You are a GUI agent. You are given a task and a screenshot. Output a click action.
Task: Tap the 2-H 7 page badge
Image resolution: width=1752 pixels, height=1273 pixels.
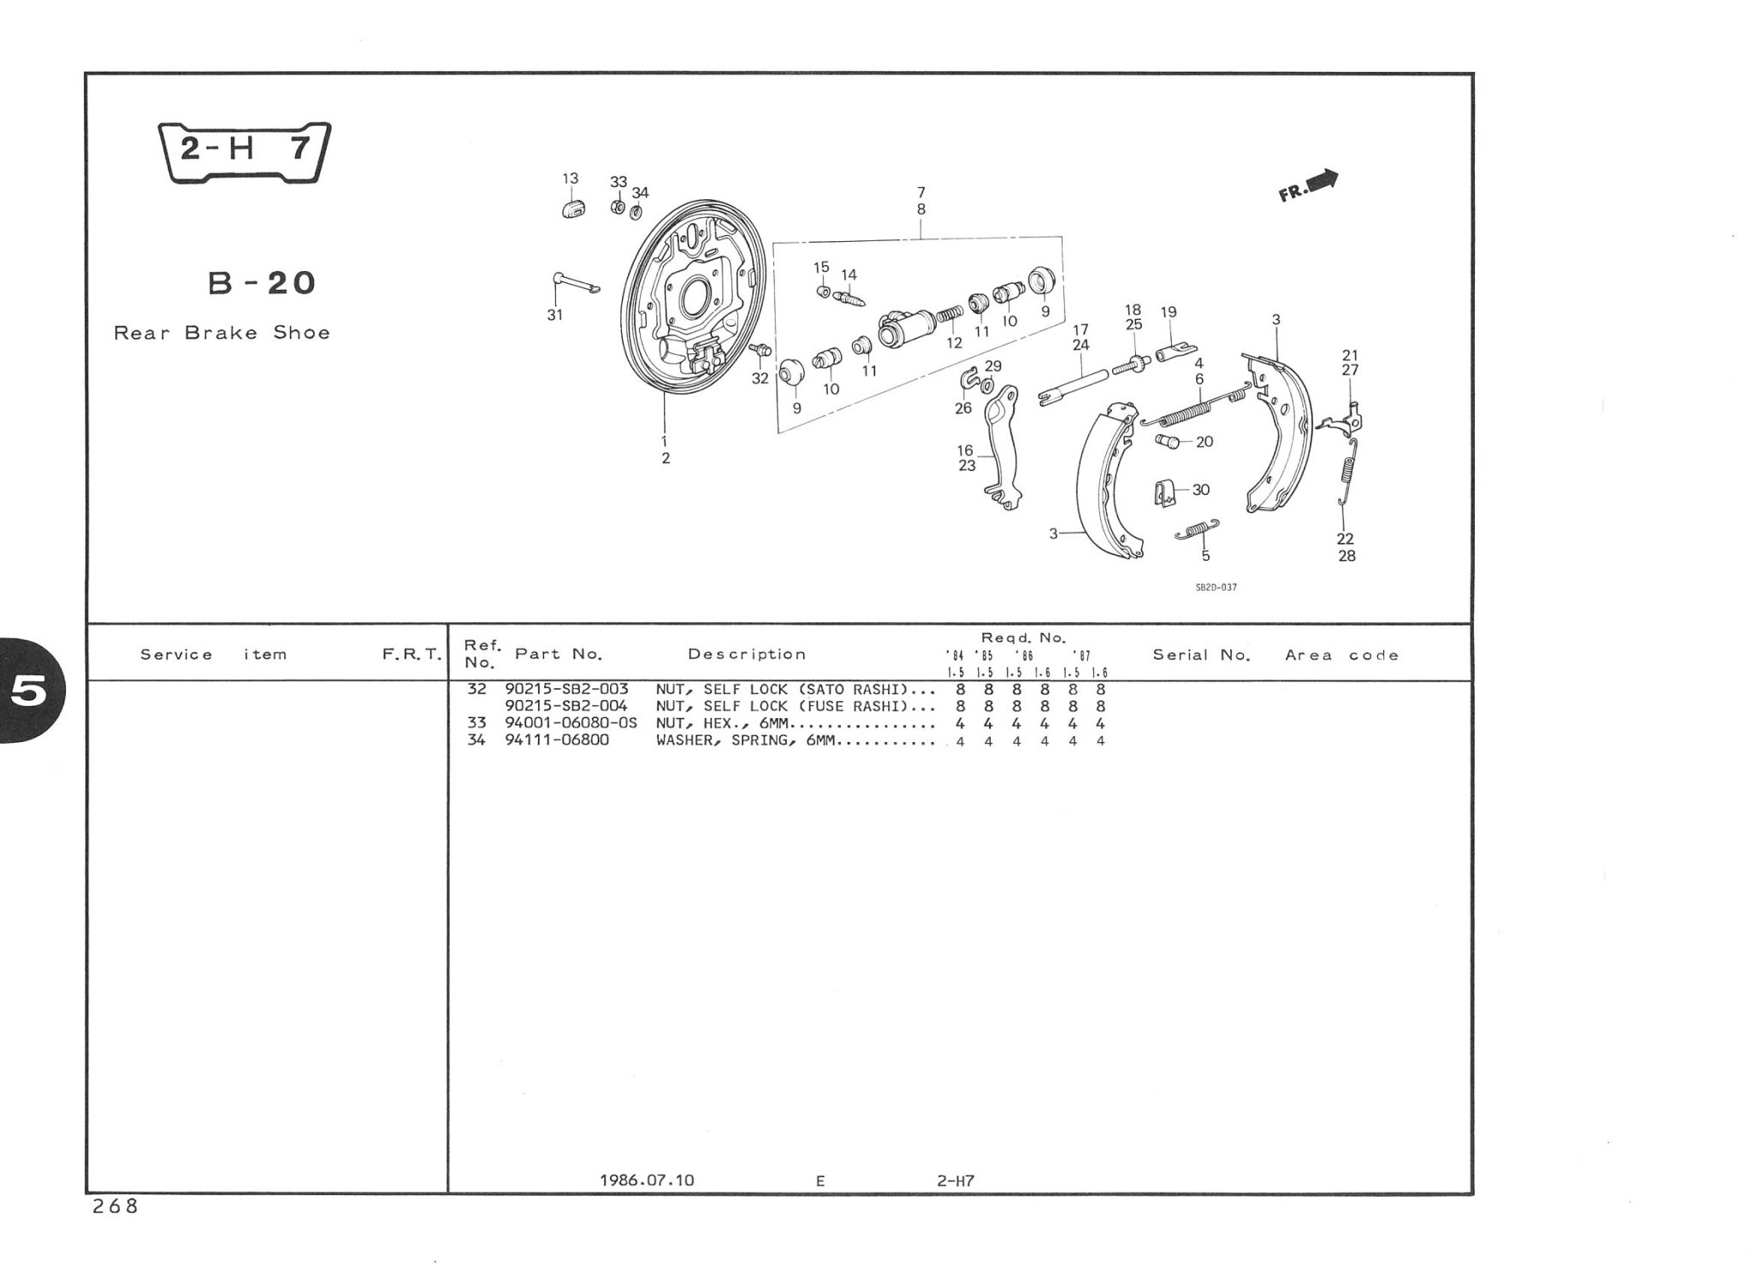(x=245, y=151)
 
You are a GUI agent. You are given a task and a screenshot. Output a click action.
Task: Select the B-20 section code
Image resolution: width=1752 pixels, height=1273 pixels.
(x=262, y=282)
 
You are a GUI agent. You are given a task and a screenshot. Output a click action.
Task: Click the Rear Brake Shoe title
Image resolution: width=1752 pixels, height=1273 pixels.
(x=222, y=333)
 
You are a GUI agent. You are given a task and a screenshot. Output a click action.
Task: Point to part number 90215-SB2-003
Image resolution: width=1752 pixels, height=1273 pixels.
(x=566, y=689)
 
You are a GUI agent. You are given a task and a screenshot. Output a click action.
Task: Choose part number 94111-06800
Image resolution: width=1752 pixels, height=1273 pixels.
(x=557, y=740)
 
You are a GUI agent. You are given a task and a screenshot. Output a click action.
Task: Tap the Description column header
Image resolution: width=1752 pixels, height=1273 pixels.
(x=747, y=654)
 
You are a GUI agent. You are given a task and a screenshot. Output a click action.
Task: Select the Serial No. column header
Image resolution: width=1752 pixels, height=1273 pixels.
(x=1201, y=655)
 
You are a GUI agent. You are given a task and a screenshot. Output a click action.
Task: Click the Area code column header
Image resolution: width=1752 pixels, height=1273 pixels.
(x=1341, y=656)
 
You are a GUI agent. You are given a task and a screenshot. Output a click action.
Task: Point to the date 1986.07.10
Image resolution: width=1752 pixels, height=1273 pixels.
(x=647, y=1181)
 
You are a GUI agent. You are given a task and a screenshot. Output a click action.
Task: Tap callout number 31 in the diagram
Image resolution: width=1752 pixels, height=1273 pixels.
(x=555, y=315)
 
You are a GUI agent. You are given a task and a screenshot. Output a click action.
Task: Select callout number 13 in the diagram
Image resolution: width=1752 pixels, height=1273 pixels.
(x=570, y=178)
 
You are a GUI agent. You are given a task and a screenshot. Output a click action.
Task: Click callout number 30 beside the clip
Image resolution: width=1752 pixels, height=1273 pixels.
(x=1201, y=490)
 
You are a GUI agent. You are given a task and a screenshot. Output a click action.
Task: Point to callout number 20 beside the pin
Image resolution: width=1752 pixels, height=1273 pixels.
(x=1204, y=442)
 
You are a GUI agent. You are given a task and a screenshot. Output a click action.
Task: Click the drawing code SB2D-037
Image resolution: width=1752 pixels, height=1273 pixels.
(x=1216, y=587)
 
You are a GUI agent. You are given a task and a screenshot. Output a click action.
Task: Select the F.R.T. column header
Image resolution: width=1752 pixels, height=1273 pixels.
(x=411, y=655)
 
